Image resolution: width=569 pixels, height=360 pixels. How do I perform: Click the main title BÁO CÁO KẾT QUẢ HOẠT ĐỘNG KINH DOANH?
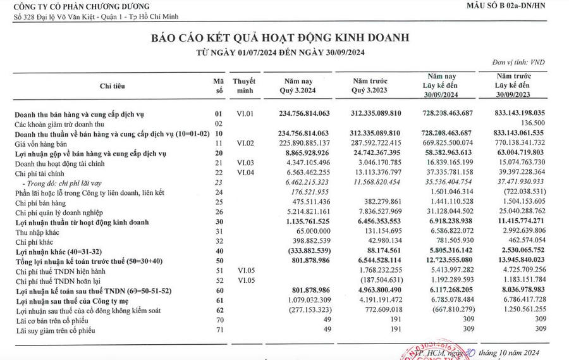pos(280,38)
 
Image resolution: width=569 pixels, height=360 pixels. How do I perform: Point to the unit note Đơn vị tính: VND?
pos(517,62)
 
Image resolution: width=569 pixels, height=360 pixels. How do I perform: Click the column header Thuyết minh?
pos(243,86)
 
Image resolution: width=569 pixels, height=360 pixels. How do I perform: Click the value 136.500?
pos(530,123)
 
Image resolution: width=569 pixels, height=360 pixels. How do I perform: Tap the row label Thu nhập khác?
pos(37,232)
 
